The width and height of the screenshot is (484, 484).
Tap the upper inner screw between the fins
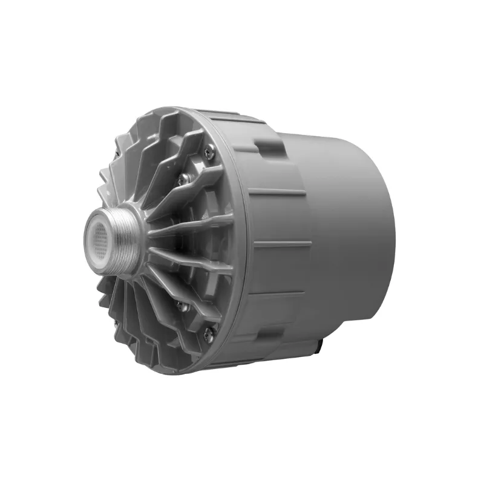(x=182, y=178)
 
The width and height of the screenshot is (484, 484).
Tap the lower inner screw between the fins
(x=182, y=307)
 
